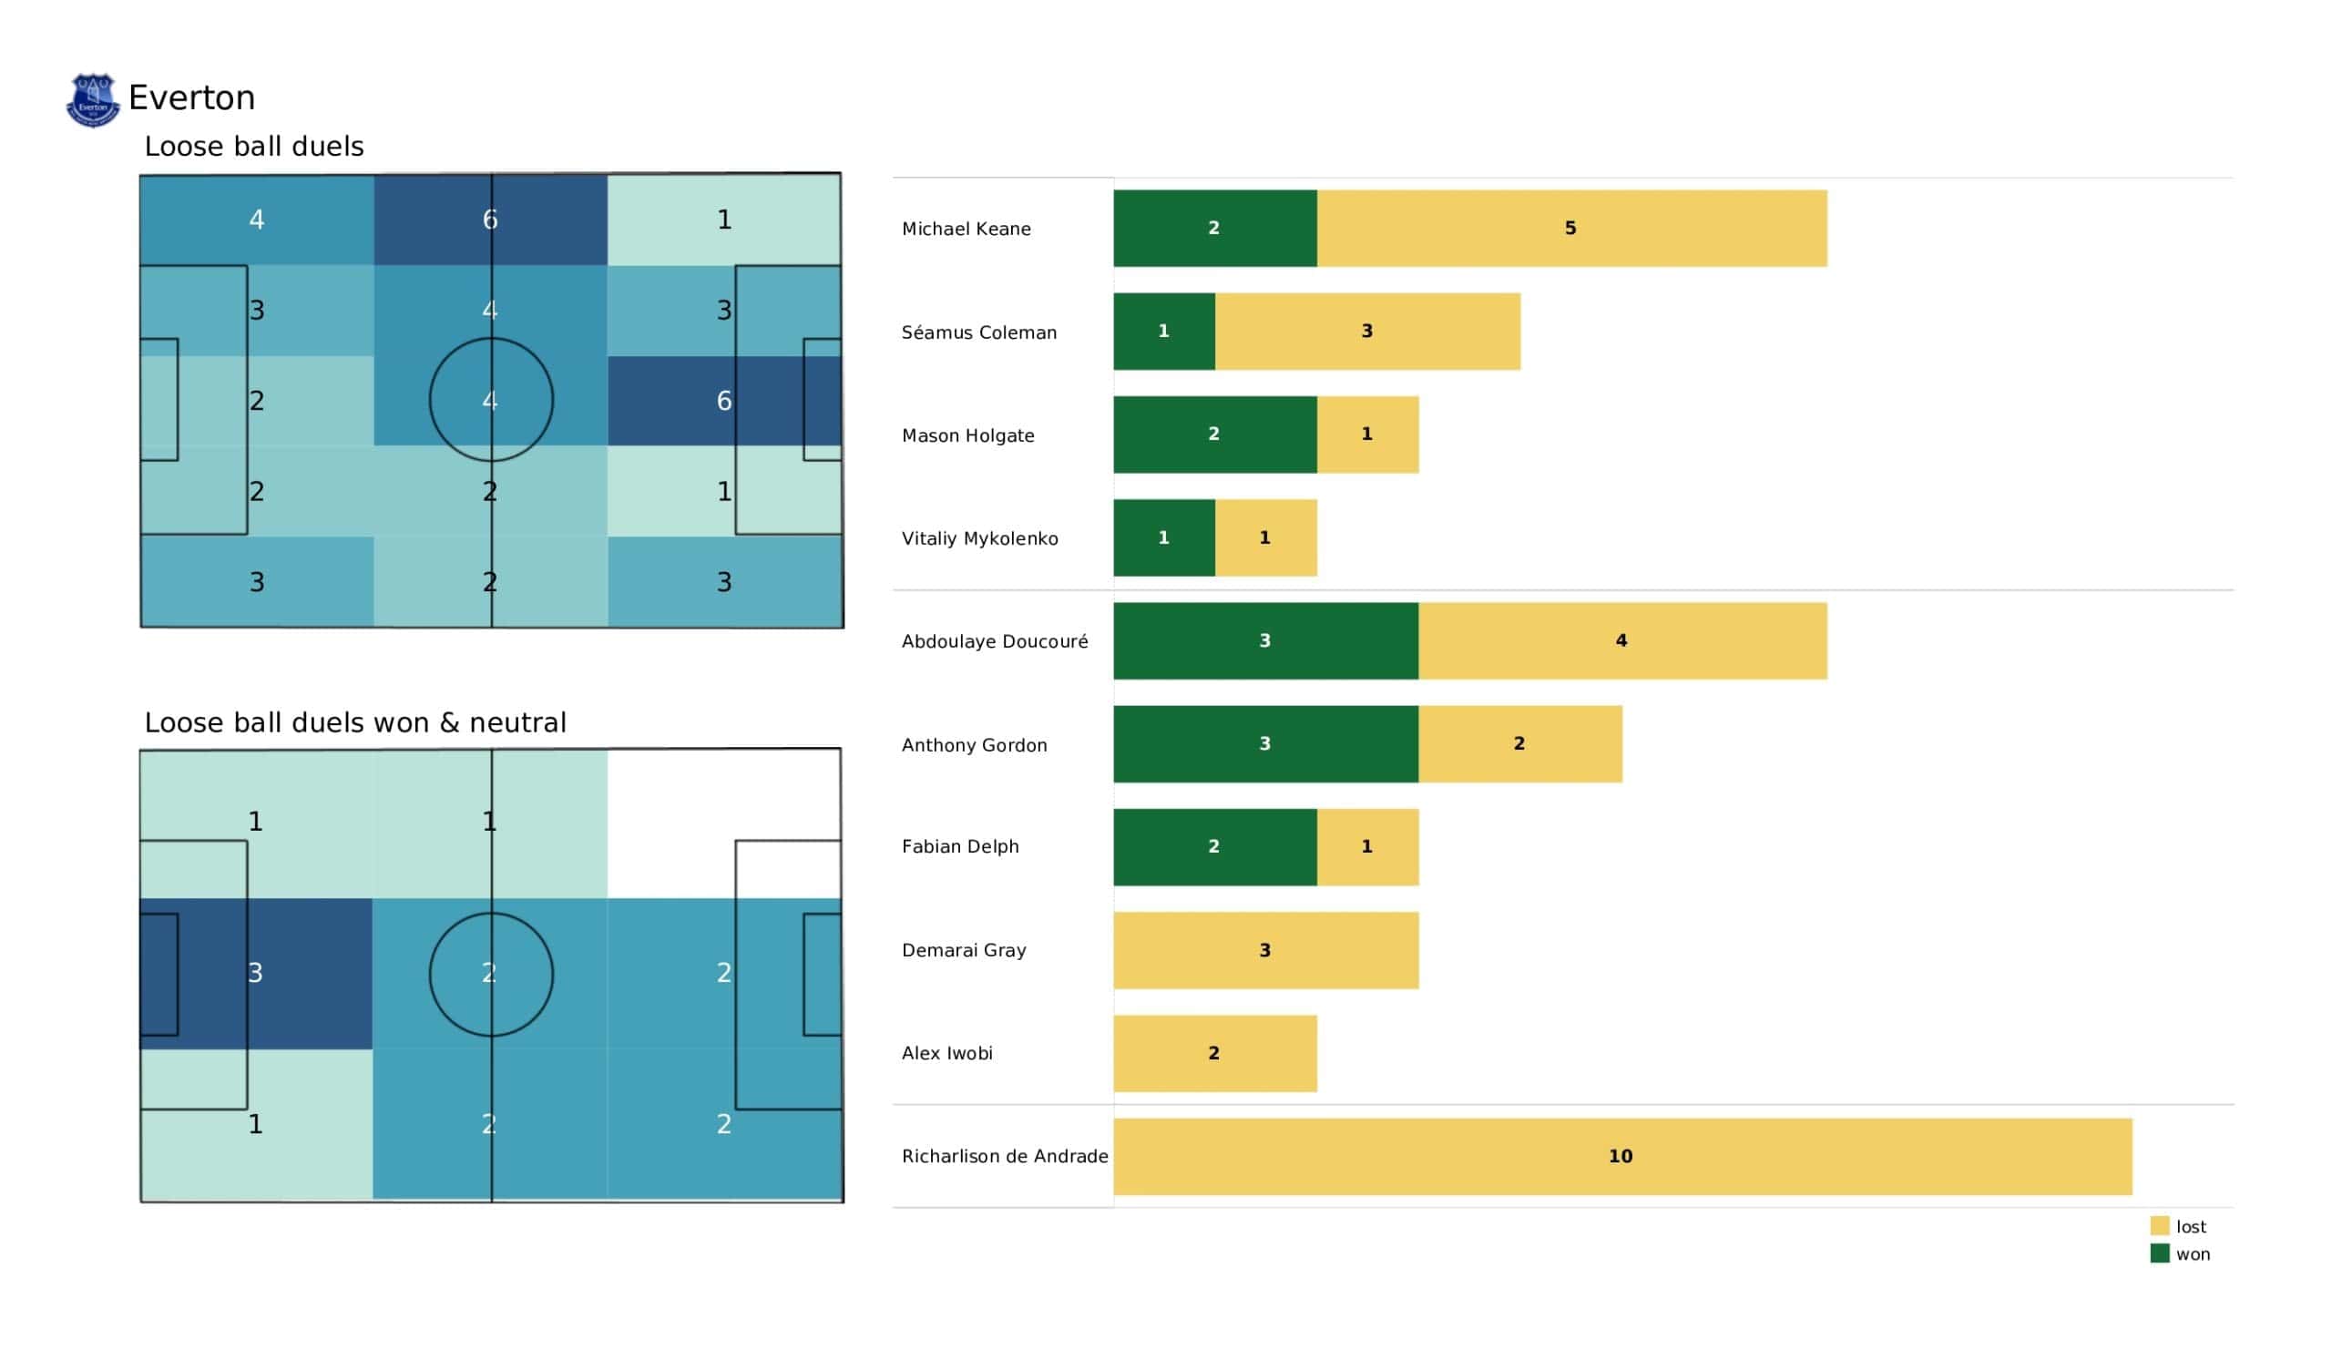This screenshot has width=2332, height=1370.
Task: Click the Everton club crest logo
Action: (93, 100)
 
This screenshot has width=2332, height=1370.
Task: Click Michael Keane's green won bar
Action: (1214, 229)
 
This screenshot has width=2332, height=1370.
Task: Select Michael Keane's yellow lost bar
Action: (1571, 229)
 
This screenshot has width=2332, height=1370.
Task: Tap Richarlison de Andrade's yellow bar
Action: (1622, 1156)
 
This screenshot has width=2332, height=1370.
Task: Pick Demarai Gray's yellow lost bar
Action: (1265, 951)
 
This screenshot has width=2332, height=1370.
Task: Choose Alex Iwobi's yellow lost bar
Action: (1214, 1053)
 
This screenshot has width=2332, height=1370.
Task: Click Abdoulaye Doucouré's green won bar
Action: (1265, 640)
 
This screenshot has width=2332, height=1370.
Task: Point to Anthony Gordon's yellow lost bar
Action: (1519, 744)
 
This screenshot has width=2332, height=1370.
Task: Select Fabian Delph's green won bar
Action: (1214, 847)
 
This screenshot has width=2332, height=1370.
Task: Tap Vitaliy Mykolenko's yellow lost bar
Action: (1265, 537)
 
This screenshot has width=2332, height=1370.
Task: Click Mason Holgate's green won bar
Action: (1214, 435)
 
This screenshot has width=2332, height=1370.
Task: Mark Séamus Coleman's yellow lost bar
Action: (1366, 332)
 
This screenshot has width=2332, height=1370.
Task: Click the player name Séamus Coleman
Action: (979, 332)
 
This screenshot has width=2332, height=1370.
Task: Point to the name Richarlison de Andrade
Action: (1005, 1156)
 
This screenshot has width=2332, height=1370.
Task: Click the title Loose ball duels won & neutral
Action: (355, 722)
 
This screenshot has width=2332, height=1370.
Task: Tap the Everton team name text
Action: (191, 97)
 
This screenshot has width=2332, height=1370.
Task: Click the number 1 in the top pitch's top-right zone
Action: (723, 220)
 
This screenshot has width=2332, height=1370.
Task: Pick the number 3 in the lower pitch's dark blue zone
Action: (255, 973)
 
